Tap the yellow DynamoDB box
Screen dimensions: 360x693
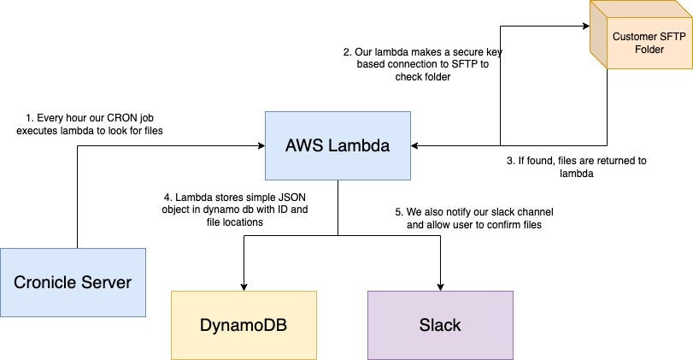point(244,325)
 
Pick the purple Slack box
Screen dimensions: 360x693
point(440,325)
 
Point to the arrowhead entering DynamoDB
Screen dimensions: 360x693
point(244,286)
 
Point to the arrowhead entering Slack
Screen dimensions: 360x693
point(441,286)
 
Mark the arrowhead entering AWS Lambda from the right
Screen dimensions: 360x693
point(415,146)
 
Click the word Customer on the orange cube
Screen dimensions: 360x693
point(635,37)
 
